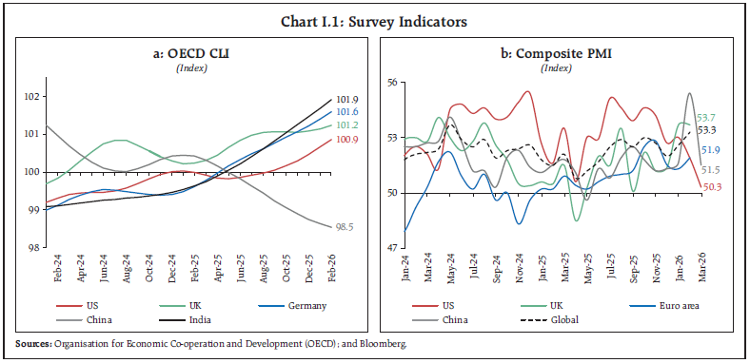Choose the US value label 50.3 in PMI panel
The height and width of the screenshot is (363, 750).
tap(711, 187)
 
